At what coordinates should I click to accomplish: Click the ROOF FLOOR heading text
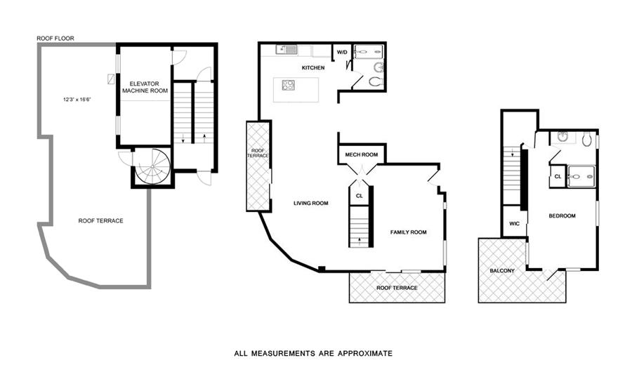tap(55, 39)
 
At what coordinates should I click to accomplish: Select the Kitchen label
tap(312, 68)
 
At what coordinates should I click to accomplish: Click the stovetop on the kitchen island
tap(288, 86)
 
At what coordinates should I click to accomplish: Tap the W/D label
tap(342, 52)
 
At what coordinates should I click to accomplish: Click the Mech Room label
tap(361, 155)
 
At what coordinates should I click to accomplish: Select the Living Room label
tap(311, 204)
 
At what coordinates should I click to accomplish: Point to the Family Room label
tap(408, 232)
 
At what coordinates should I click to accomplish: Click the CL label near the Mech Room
tap(360, 196)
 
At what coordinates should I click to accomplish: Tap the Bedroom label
tap(562, 215)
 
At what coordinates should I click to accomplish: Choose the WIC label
tap(514, 224)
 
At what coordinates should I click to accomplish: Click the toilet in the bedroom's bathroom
tap(586, 139)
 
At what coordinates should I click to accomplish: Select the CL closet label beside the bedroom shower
tap(558, 176)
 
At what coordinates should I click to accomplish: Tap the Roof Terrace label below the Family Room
tap(397, 288)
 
